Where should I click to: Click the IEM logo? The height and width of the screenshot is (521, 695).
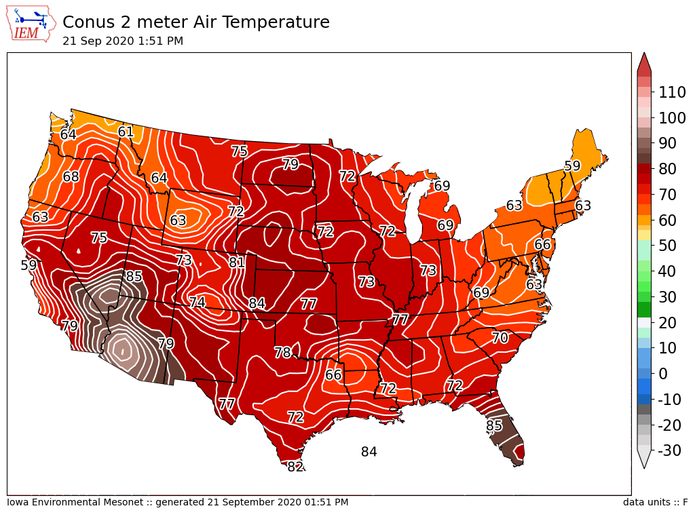click(31, 24)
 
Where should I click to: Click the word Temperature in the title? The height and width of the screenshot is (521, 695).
click(276, 22)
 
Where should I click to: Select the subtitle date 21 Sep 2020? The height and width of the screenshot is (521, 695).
click(94, 41)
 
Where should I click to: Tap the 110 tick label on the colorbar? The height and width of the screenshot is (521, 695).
click(672, 92)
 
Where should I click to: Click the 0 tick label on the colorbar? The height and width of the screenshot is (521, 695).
click(664, 374)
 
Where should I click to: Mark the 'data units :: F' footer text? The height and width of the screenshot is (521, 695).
click(655, 503)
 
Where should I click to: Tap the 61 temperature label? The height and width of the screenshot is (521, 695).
click(126, 132)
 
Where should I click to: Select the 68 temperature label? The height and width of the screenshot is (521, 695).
click(71, 177)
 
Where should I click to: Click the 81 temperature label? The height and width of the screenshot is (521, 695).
click(237, 263)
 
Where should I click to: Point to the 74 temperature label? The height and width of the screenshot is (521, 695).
click(197, 303)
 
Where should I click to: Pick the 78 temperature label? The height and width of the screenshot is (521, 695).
click(283, 353)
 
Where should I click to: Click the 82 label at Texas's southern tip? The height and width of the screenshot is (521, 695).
click(295, 467)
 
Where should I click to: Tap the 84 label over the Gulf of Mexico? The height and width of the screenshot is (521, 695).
click(369, 452)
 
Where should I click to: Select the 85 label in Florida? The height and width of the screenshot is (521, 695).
click(494, 426)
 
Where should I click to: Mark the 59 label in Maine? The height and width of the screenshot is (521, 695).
click(572, 166)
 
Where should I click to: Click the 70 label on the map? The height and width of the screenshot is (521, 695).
click(500, 338)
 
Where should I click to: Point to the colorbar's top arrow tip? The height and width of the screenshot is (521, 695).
click(644, 54)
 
